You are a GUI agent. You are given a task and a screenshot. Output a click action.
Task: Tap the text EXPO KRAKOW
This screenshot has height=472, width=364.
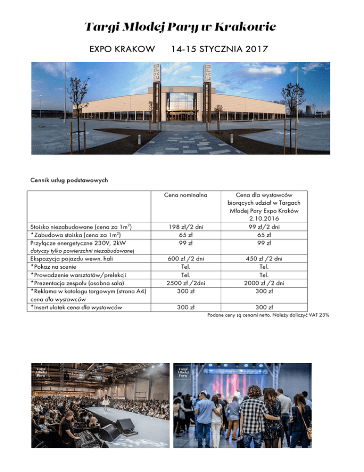(121, 49)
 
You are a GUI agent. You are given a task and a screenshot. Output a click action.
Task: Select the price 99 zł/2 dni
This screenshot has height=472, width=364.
(268, 227)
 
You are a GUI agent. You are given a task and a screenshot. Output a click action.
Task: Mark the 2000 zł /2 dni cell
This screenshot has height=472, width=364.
(268, 283)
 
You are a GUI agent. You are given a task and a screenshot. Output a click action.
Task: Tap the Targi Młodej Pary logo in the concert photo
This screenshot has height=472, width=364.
(183, 375)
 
